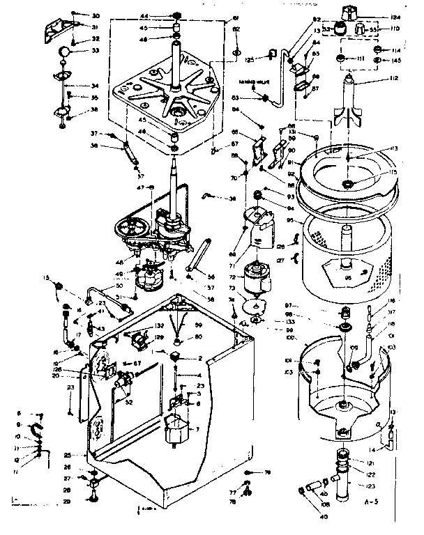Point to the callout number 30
[96, 15]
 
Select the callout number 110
[395, 29]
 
